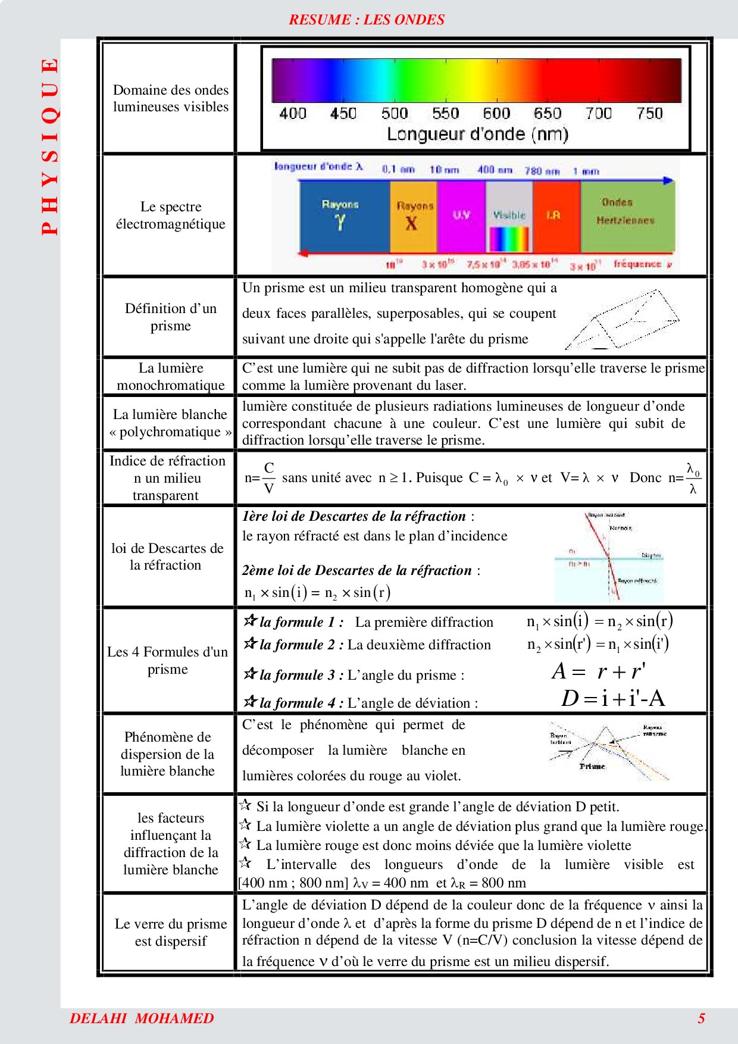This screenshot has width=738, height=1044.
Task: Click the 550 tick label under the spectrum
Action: (x=445, y=113)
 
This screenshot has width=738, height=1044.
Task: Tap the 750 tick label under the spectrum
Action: (x=649, y=113)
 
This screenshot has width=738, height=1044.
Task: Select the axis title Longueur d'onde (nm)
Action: (x=477, y=134)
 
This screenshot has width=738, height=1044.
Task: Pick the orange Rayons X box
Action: (x=413, y=215)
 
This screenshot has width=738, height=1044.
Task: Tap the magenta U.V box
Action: (x=461, y=215)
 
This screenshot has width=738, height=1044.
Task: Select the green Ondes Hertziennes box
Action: (x=627, y=215)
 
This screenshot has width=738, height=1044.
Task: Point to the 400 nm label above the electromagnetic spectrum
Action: (x=494, y=170)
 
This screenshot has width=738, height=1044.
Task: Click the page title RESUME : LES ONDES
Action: (x=367, y=20)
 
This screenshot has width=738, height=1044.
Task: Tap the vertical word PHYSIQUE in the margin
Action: (x=51, y=146)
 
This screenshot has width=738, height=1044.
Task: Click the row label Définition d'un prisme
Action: (x=170, y=317)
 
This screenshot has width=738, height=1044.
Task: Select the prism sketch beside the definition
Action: (x=622, y=320)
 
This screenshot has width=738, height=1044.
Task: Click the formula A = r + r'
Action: (x=598, y=671)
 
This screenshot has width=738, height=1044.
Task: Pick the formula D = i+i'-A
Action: (x=613, y=698)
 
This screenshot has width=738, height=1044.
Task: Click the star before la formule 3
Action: (x=250, y=674)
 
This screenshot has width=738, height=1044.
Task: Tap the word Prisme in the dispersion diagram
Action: (x=592, y=767)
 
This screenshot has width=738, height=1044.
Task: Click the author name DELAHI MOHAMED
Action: (x=142, y=1018)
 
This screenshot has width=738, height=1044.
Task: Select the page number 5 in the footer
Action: (x=701, y=1018)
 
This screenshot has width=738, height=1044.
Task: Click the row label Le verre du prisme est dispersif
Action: (x=170, y=933)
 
